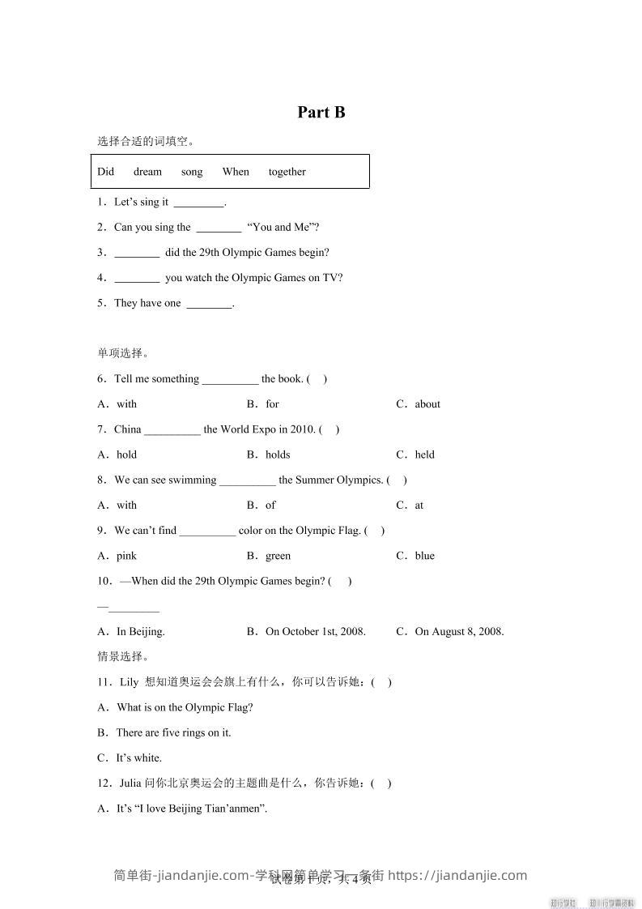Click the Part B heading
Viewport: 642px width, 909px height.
point(321,113)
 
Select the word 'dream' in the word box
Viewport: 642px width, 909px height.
point(147,172)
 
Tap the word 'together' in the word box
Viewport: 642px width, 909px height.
point(287,172)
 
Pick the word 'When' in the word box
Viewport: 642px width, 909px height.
point(236,172)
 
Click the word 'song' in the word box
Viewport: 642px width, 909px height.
point(192,172)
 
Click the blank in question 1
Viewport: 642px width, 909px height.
point(198,203)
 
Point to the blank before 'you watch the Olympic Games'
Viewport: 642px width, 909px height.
point(137,278)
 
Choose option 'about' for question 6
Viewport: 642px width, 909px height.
point(427,404)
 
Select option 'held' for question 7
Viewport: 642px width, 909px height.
point(424,454)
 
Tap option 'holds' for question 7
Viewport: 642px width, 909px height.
point(277,454)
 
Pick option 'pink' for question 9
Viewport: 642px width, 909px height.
point(126,556)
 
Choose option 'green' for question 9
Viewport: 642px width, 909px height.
point(278,556)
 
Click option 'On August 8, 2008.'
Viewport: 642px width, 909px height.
point(458,632)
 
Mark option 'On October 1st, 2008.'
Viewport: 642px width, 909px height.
point(315,632)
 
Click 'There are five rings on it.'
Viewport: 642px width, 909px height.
point(173,733)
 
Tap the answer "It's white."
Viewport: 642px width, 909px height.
point(138,758)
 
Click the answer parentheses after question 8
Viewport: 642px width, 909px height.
point(397,480)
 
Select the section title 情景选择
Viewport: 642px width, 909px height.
point(122,656)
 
